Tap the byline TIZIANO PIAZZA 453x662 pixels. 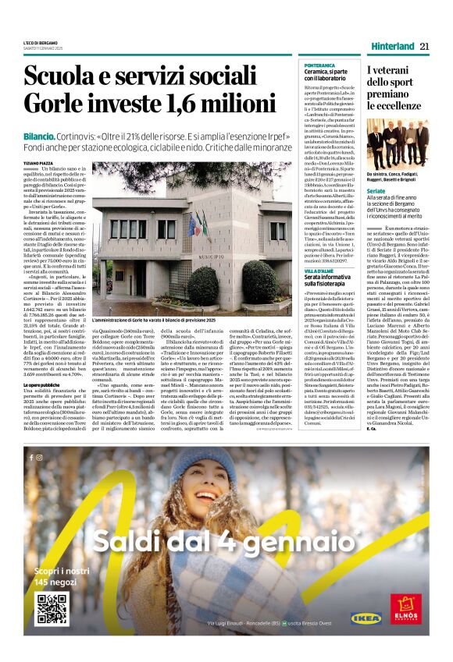[40, 162]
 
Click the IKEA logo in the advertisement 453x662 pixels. [366, 619]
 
